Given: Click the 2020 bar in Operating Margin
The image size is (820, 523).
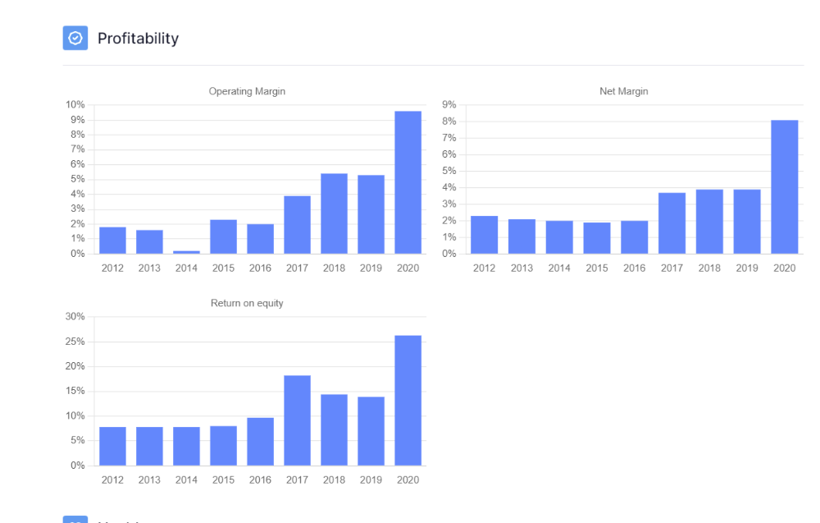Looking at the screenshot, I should point(408,182).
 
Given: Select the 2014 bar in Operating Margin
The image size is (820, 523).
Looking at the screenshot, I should point(186,252).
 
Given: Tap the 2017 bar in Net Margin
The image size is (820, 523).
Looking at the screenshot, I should point(672,223).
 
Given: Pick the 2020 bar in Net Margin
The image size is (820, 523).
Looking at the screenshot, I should point(784,186).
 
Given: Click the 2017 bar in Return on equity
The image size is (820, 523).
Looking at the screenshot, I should point(297,420).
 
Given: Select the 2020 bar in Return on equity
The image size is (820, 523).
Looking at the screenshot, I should point(408,400).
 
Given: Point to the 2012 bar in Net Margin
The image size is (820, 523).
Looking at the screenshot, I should point(484,234).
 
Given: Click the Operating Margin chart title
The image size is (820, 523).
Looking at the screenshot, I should point(247,91).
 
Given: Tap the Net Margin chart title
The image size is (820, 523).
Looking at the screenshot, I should point(623,91).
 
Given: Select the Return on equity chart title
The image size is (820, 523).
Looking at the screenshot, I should point(247,303).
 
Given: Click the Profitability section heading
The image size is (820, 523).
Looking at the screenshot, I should point(138,39).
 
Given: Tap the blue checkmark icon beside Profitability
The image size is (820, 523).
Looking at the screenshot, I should point(75,38).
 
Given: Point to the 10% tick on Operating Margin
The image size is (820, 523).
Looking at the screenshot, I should point(75,105).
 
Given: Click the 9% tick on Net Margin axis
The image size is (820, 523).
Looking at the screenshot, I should point(449,105).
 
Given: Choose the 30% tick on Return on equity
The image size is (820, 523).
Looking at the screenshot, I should point(75,317).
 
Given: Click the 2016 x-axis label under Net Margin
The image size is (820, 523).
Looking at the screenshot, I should point(634,268).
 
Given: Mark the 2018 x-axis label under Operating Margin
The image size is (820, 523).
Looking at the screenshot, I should point(334,268).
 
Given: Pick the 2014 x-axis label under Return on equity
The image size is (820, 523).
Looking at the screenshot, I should point(186,479).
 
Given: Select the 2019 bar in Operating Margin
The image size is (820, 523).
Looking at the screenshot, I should point(371,214).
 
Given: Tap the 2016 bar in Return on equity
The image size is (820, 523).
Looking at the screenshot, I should point(260,442).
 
